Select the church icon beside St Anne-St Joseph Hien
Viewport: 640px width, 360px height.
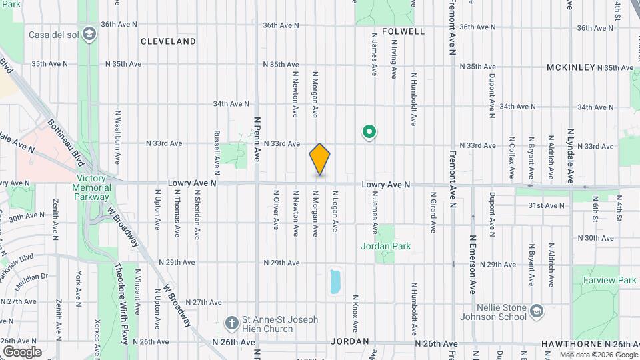click(x=231, y=323)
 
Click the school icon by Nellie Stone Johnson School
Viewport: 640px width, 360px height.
click(x=537, y=311)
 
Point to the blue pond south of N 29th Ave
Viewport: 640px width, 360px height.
click(x=335, y=281)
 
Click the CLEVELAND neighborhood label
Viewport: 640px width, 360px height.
click(x=169, y=41)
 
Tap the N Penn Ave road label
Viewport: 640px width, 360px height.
click(x=257, y=140)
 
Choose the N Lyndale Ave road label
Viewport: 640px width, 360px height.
click(x=570, y=157)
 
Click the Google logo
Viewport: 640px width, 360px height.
click(x=22, y=351)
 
